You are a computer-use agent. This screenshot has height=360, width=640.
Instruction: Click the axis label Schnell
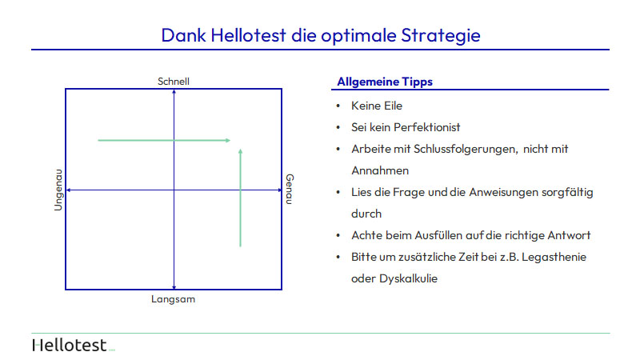(x=174, y=82)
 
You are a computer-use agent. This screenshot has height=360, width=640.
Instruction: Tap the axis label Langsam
(x=173, y=299)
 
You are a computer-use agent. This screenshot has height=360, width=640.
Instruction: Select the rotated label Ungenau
(x=58, y=190)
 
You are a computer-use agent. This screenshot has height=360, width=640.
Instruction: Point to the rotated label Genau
(x=290, y=189)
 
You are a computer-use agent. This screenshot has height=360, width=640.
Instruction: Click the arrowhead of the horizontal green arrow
(x=228, y=141)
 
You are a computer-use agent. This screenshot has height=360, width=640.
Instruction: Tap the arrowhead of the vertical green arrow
(x=241, y=151)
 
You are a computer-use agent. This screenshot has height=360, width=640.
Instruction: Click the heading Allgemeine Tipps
(x=385, y=82)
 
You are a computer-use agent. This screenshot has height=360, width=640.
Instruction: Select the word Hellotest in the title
(x=248, y=35)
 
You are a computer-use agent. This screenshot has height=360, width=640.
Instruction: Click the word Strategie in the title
(x=441, y=36)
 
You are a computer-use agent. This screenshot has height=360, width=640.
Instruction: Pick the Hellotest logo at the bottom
(x=74, y=346)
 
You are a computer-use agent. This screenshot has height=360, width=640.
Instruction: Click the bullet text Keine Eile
(x=377, y=106)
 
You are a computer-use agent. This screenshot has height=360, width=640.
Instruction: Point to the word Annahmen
(x=380, y=170)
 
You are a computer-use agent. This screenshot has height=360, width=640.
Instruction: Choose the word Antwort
(x=569, y=235)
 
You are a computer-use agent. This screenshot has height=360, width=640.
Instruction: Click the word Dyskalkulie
(x=408, y=278)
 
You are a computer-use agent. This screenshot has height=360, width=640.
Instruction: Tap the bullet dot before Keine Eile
(x=338, y=106)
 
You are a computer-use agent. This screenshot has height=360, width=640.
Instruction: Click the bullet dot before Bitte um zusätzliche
(x=338, y=257)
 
